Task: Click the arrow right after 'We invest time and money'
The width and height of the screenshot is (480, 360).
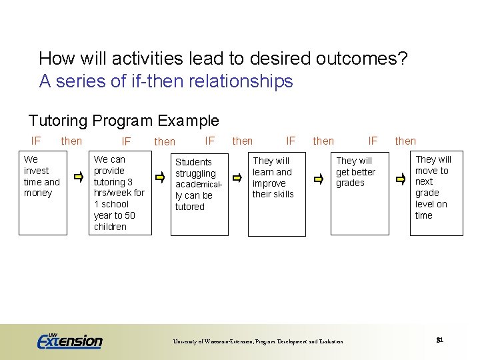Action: (79, 177)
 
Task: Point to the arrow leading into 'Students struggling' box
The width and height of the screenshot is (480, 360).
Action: (160, 177)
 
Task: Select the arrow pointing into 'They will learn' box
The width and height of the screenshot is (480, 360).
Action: (237, 178)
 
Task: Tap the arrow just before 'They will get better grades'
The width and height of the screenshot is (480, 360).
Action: (319, 179)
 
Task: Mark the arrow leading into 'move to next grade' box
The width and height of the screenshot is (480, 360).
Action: (400, 179)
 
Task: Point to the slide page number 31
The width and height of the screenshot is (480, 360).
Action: (440, 340)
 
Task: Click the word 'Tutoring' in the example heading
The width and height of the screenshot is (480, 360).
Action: (58, 121)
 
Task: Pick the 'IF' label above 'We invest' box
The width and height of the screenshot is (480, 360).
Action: (36, 141)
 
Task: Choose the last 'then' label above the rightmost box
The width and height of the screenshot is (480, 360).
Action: (405, 141)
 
